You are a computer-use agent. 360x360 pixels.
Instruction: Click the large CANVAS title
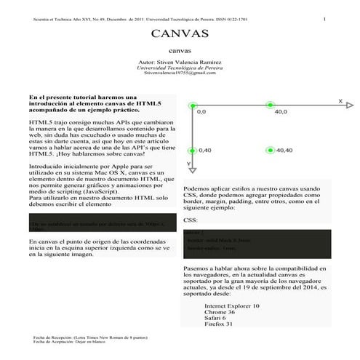coord(180,34)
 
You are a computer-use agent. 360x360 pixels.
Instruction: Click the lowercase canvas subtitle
coord(180,52)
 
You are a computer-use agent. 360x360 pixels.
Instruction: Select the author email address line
coord(180,73)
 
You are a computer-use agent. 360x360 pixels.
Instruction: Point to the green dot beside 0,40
coord(193,150)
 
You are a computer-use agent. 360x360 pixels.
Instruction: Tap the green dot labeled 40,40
coord(270,150)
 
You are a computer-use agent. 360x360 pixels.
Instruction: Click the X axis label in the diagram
coord(340,100)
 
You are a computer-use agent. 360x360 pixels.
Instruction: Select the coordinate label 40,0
coord(281,113)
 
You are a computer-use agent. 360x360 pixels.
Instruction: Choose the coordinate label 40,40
coord(284,151)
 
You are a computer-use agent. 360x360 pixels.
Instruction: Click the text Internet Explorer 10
coord(233,306)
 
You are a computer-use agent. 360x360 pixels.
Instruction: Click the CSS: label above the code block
coord(190,220)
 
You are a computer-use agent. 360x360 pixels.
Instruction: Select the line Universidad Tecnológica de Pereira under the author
coord(180,68)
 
